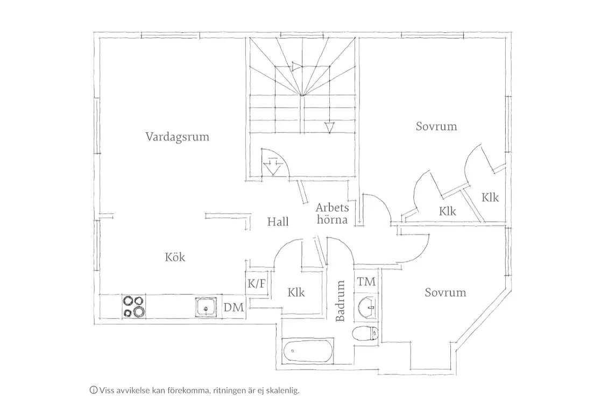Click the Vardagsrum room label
pos(177,137)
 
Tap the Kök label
pos(175,257)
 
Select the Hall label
pos(278,222)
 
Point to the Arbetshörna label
pos(333,214)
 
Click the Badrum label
pos(340,301)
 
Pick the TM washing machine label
pos(366,282)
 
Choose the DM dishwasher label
pos(234,307)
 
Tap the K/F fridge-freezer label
pos(257,283)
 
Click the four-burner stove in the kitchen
pos(134,307)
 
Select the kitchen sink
pos(206,307)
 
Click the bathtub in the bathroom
pos(308,351)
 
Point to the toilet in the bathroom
pos(365,333)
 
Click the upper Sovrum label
pos(436,126)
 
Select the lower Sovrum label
pos(445,292)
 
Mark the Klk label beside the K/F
pos(296,292)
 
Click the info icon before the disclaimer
pos(94,390)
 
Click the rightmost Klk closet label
pos(490,197)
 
